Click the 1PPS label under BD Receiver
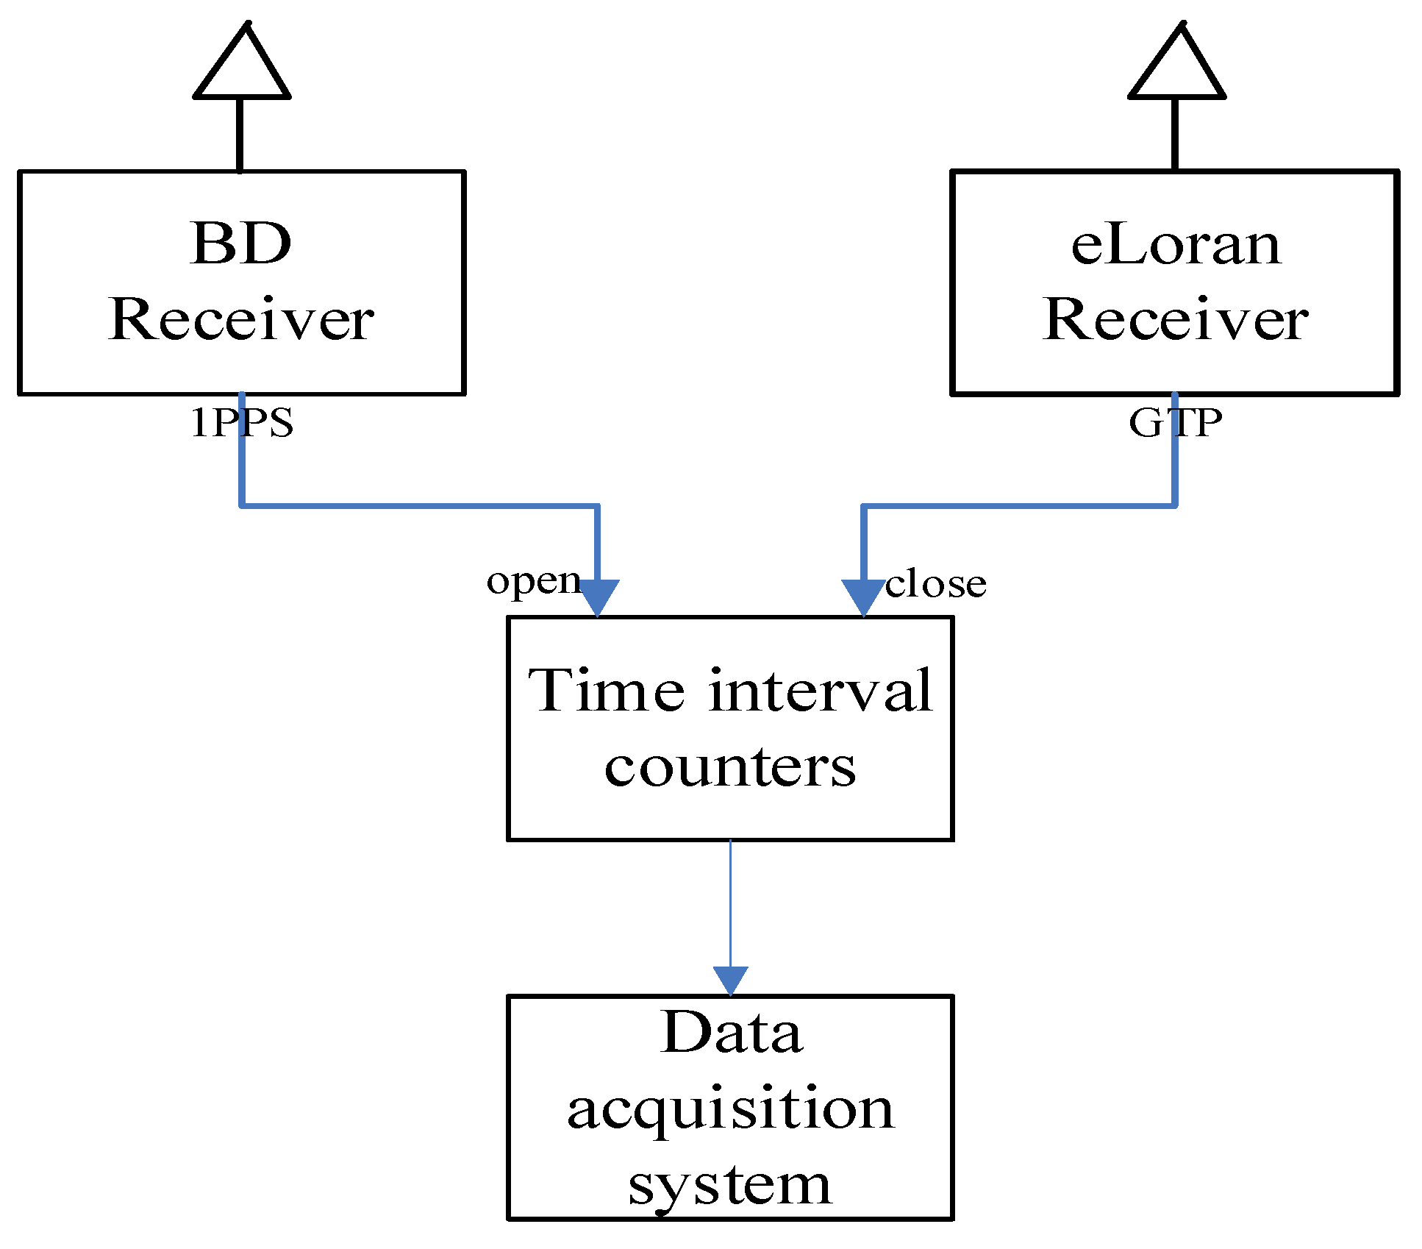242,423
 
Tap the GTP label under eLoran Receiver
1175,423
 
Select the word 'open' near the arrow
534,580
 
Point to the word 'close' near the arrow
935,584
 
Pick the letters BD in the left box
241,243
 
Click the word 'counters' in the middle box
730,767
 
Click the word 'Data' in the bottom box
731,1033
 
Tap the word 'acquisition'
730,1109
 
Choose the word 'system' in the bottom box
729,1185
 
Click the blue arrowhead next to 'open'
598,596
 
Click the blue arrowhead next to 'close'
862,596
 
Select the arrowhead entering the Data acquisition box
730,981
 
